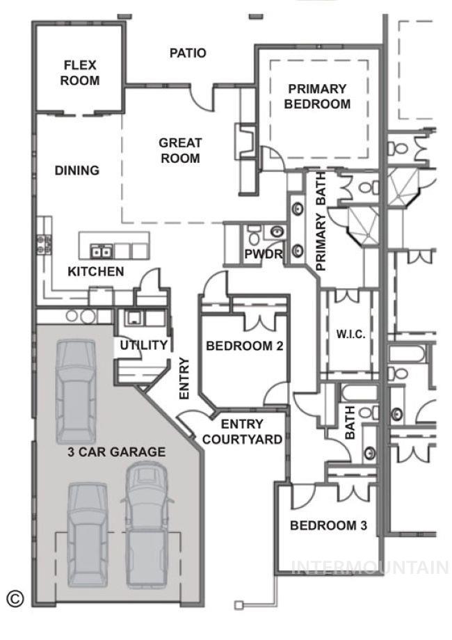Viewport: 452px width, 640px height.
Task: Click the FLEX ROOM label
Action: [x=80, y=73]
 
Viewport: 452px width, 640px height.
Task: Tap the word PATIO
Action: [x=188, y=53]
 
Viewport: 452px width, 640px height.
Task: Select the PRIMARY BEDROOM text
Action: [x=316, y=97]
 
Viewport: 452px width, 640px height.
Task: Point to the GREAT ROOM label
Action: [x=180, y=150]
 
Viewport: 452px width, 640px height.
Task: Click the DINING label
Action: [x=77, y=170]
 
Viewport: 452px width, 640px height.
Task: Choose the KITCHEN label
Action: [x=96, y=271]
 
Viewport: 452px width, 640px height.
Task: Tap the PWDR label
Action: [x=264, y=255]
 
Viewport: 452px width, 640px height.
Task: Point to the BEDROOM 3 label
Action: [x=328, y=525]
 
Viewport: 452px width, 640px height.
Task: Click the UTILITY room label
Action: [x=143, y=345]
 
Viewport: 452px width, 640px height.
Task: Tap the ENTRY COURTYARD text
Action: [x=241, y=432]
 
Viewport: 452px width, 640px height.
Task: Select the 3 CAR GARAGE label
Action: [x=117, y=452]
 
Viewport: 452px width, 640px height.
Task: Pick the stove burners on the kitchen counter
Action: [x=44, y=243]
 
